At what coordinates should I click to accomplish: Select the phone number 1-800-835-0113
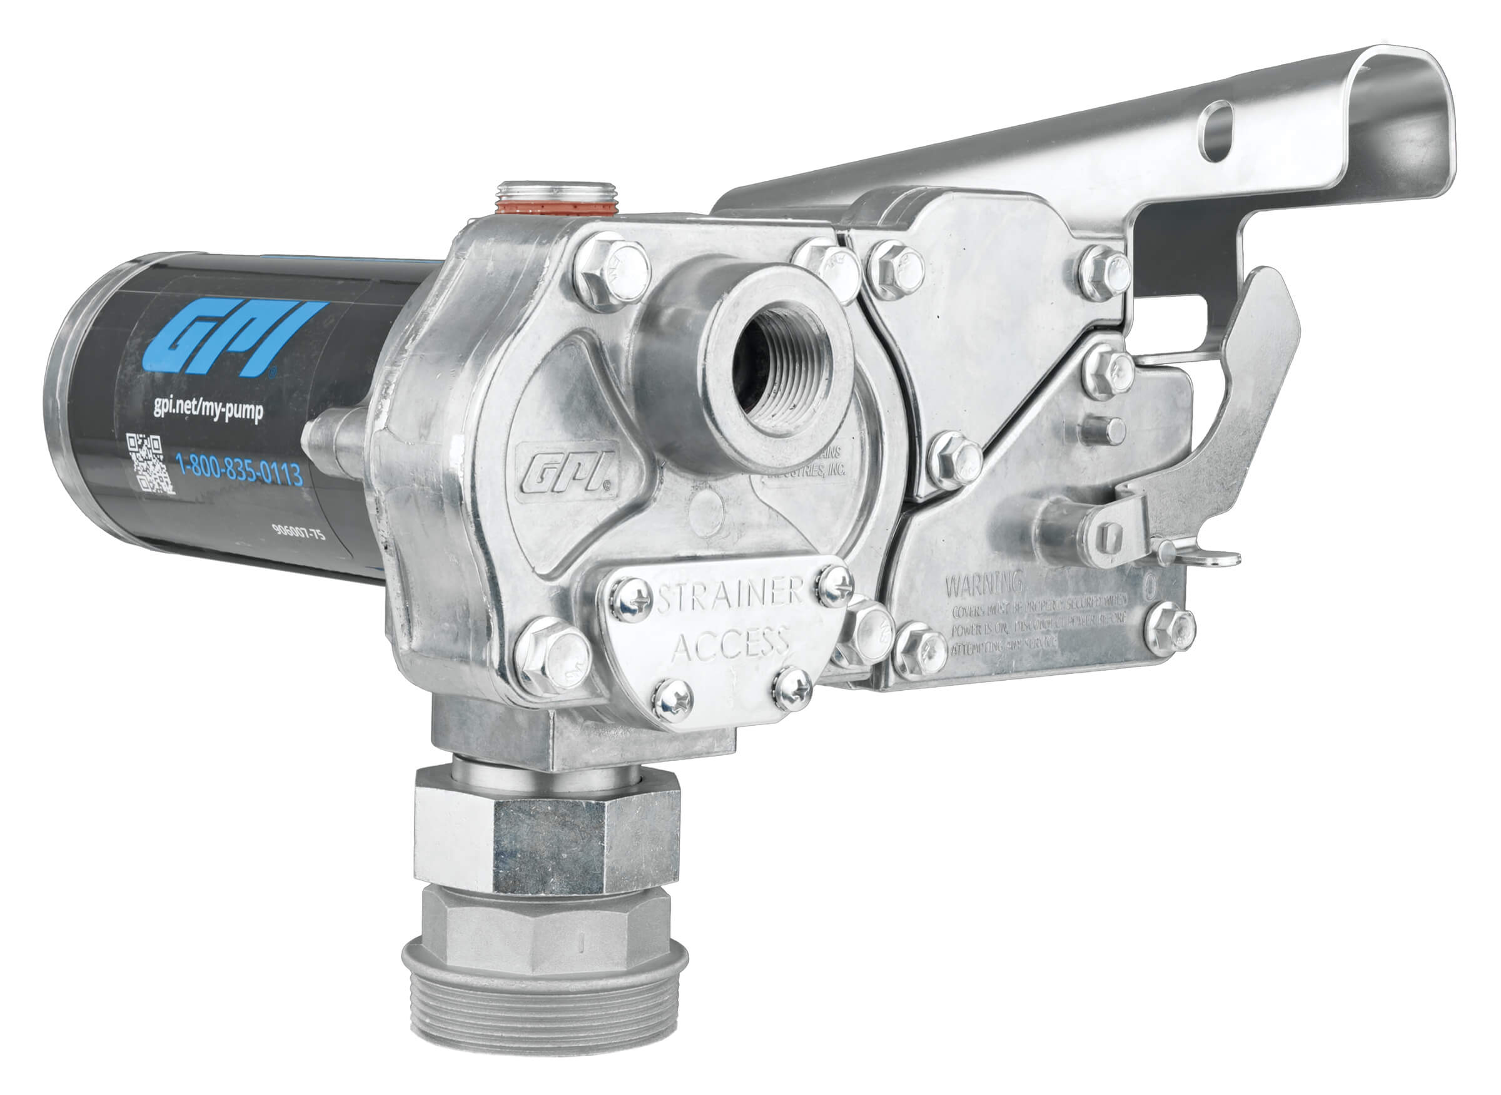tap(239, 471)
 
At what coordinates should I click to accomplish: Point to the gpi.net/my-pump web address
tap(208, 409)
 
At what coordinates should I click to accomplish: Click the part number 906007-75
tap(299, 532)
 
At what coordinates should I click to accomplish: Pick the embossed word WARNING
tap(984, 584)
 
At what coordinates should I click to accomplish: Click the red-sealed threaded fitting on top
tap(557, 198)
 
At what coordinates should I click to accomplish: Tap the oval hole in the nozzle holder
tap(1216, 131)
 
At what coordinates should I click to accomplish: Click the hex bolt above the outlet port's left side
tap(611, 273)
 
